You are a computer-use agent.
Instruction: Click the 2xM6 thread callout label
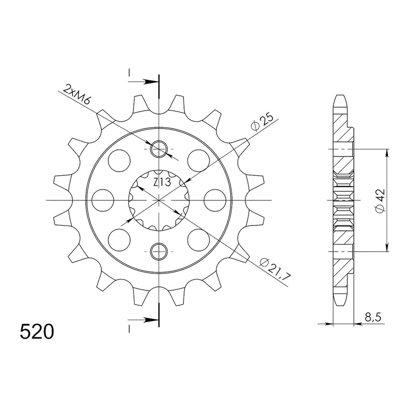pyautogui.click(x=78, y=94)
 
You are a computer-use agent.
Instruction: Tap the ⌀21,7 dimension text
pyautogui.click(x=275, y=269)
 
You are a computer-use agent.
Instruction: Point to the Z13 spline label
pyautogui.click(x=162, y=182)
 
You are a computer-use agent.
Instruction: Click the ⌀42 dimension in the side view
pyautogui.click(x=380, y=200)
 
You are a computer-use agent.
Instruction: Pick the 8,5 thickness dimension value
pyautogui.click(x=373, y=317)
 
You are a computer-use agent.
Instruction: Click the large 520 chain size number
pyautogui.click(x=37, y=332)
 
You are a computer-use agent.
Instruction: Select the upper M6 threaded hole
pyautogui.click(x=158, y=149)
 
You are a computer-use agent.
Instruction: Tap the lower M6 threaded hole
pyautogui.click(x=158, y=252)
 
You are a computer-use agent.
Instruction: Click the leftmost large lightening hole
pyautogui.click(x=103, y=200)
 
